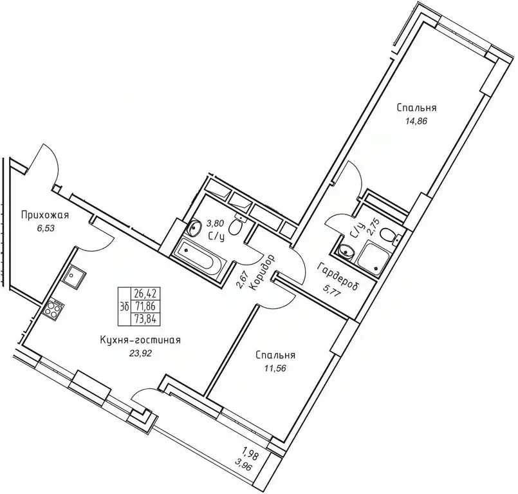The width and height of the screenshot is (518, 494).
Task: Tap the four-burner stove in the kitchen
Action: [53, 308]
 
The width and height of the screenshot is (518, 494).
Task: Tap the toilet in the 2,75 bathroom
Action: [387, 236]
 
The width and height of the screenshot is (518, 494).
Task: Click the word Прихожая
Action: [44, 214]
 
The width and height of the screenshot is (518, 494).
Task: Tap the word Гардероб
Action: [338, 277]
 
